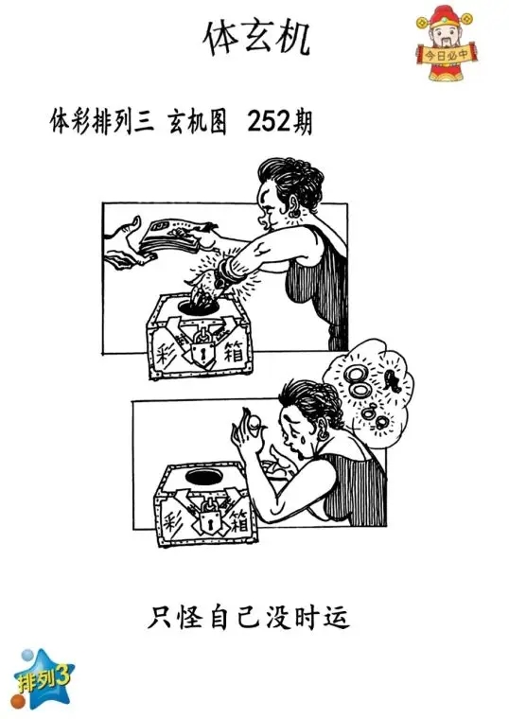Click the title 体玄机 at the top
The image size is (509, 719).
(255, 38)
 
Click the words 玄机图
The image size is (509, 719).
(197, 123)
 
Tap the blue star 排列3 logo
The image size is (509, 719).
(42, 675)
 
